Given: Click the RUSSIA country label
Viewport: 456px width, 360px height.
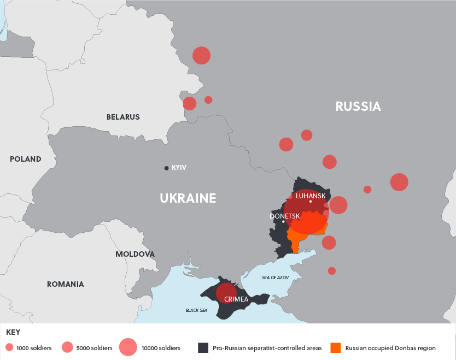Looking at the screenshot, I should [358, 107].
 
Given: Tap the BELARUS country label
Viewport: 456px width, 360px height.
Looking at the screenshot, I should [123, 117].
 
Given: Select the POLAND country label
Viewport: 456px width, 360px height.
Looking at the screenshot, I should [25, 159].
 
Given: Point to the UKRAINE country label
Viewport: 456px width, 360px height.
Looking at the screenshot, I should [188, 198].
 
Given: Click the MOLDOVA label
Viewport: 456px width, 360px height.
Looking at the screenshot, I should [135, 254].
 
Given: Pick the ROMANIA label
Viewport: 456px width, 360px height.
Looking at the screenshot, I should [65, 284].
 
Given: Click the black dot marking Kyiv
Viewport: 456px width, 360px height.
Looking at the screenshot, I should [166, 168].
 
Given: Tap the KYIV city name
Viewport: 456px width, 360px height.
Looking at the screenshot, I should [179, 168].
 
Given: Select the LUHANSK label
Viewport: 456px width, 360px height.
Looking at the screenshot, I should [310, 196].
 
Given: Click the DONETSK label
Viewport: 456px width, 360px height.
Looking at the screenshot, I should [284, 216].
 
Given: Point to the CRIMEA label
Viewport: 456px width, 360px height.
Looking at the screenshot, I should [236, 299].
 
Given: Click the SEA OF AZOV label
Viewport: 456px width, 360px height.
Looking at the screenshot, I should [275, 278].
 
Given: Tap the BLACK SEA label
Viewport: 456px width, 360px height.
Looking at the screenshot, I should [196, 310].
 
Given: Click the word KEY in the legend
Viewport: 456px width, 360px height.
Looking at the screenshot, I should [14, 332].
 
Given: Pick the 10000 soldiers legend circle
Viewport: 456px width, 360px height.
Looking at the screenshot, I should [128, 347].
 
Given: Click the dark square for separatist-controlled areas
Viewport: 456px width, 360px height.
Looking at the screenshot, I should [203, 348].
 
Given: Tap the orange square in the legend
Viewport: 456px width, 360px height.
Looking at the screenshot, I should [336, 348].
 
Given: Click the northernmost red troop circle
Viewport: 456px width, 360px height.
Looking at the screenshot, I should [201, 55].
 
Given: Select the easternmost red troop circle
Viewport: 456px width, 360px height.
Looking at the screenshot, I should [399, 182].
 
